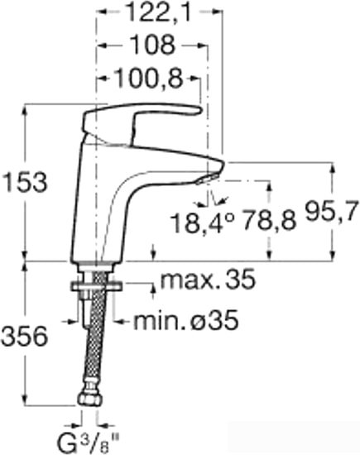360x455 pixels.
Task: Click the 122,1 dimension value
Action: click(160, 12)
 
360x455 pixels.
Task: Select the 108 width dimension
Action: click(152, 45)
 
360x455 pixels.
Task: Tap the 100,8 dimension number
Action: click(149, 79)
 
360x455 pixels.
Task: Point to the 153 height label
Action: click(24, 183)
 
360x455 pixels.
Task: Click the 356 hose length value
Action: click(24, 337)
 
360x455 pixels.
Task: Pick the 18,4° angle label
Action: click(202, 223)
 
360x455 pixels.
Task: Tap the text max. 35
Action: click(208, 280)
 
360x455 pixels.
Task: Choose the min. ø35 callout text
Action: click(186, 320)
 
